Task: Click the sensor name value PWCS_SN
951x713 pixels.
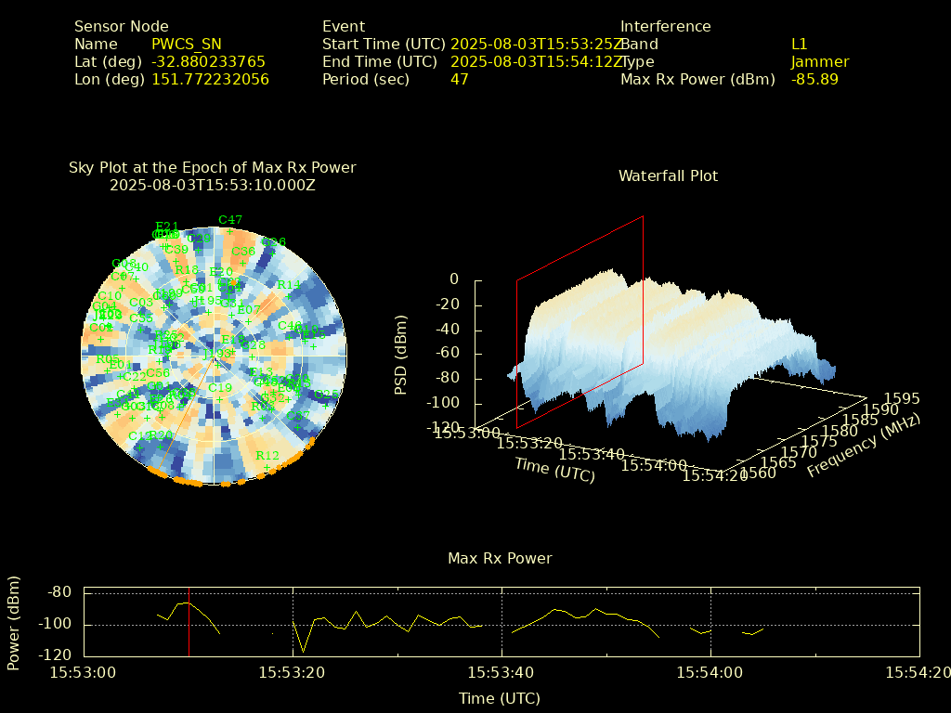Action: click(x=187, y=44)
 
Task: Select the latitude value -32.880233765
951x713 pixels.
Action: click(x=208, y=61)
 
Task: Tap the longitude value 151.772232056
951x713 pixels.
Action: click(x=210, y=79)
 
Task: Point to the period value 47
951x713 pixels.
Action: click(x=459, y=79)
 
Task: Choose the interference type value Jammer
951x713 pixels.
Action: click(x=820, y=61)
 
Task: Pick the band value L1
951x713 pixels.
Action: click(x=800, y=44)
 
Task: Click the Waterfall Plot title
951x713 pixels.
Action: click(x=668, y=175)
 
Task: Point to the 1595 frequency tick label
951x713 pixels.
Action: click(x=902, y=398)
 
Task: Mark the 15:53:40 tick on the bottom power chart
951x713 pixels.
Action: click(x=502, y=671)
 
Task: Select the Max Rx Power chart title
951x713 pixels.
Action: click(x=500, y=558)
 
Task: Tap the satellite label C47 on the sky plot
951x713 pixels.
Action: click(x=230, y=220)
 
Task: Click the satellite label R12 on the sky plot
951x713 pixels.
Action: click(x=267, y=455)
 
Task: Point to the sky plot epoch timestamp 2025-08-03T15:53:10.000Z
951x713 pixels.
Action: click(x=213, y=185)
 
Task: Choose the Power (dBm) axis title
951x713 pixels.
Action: click(x=13, y=624)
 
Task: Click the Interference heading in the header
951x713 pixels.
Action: click(x=665, y=26)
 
